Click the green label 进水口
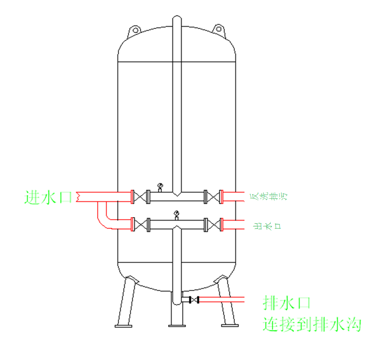click(48, 197)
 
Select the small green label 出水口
click(268, 225)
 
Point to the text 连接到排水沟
click(312, 324)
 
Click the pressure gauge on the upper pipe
click(160, 186)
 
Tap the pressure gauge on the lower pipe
click(176, 214)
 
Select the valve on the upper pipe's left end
click(140, 197)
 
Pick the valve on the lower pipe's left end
click(140, 225)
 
